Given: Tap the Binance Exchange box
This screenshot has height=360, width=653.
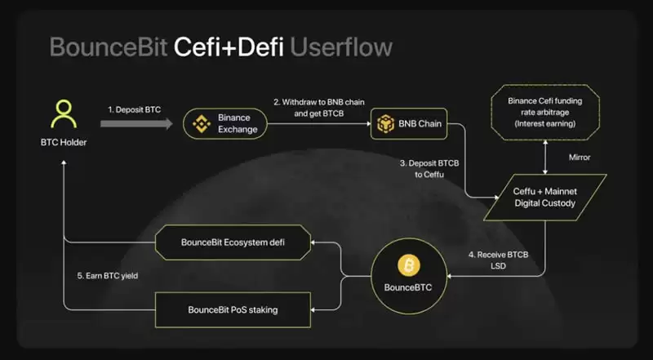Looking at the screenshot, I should pyautogui.click(x=224, y=123).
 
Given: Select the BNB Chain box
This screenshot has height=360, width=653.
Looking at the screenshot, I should pyautogui.click(x=407, y=124).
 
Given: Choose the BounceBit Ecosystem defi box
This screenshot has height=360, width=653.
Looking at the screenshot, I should pyautogui.click(x=233, y=242).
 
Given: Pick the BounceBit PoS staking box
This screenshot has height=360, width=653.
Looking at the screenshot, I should pyautogui.click(x=233, y=309).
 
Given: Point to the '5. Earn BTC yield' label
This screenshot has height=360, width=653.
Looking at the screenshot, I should pyautogui.click(x=108, y=275).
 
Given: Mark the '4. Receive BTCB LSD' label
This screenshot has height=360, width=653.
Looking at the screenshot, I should pyautogui.click(x=498, y=260).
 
